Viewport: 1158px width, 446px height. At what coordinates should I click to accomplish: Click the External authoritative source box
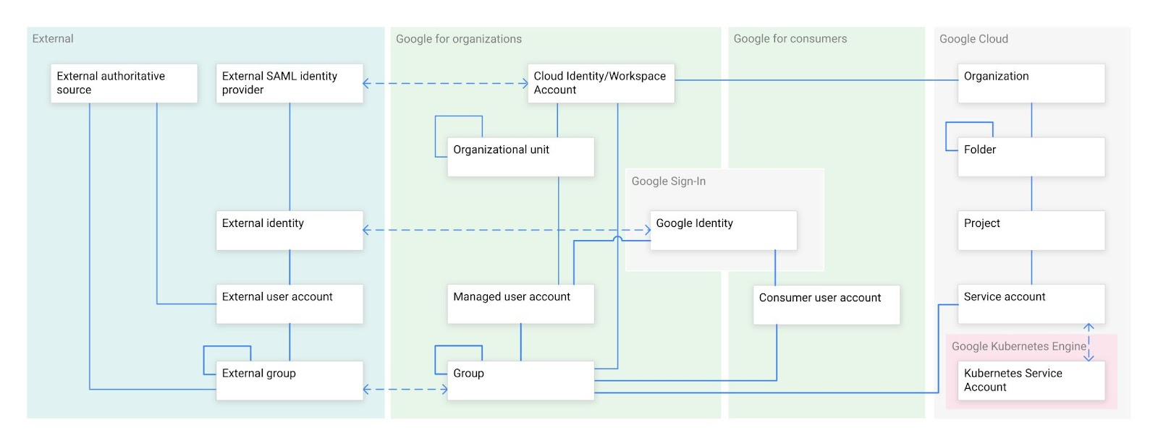click(x=123, y=83)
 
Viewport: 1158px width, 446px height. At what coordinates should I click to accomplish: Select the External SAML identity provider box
click(x=289, y=83)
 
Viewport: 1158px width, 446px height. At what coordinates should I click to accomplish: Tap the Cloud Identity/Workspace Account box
click(x=601, y=83)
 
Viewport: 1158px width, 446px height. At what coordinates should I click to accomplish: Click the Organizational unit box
click(x=520, y=157)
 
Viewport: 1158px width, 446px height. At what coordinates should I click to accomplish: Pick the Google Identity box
click(x=723, y=231)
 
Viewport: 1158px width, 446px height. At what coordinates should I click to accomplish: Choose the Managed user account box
click(x=520, y=304)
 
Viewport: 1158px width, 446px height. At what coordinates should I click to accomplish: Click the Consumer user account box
click(x=826, y=304)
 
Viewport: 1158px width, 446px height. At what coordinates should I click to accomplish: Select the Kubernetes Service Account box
click(x=1031, y=380)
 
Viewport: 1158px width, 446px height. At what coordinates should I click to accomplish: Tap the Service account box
click(x=1031, y=304)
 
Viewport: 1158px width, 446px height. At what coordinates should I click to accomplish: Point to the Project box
click(x=1031, y=231)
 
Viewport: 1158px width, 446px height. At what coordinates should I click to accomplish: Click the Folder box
click(x=1031, y=157)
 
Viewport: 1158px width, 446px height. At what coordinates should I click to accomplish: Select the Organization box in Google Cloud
click(x=1031, y=83)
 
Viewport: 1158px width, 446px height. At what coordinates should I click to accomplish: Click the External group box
click(x=289, y=380)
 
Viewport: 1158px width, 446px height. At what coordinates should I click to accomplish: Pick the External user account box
click(x=289, y=304)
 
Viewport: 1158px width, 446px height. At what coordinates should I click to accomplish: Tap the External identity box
click(x=289, y=231)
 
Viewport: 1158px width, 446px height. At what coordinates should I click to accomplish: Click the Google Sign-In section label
click(x=668, y=181)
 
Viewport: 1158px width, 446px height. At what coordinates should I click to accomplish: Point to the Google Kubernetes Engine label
click(x=1018, y=346)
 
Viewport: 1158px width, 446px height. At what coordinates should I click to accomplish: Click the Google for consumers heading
click(x=790, y=39)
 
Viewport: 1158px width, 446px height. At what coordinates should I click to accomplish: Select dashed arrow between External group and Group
click(x=405, y=390)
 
